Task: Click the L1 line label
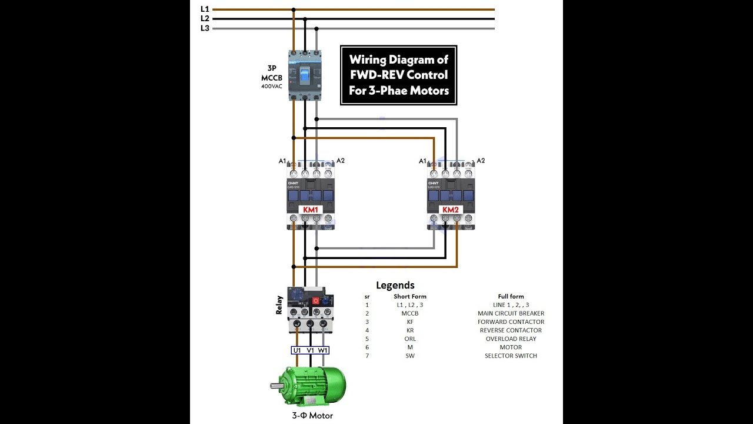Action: [205, 9]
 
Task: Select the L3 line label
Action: [205, 28]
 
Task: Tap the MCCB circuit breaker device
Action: [305, 75]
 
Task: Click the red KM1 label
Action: [310, 210]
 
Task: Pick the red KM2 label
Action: [451, 210]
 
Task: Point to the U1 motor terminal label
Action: [297, 350]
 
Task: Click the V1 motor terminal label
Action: [310, 350]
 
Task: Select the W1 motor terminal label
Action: [323, 350]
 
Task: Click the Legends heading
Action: [395, 286]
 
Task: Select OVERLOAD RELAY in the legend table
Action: [511, 339]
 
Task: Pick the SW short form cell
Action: [410, 356]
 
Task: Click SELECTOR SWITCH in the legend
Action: [511, 356]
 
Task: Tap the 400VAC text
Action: [272, 87]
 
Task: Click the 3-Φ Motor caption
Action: [312, 416]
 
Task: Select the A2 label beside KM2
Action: [481, 161]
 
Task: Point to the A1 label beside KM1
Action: [282, 161]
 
